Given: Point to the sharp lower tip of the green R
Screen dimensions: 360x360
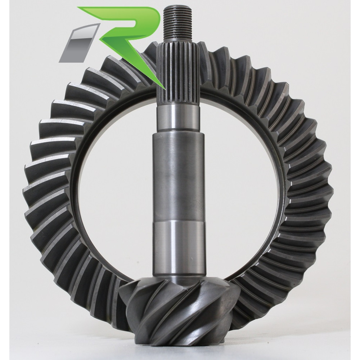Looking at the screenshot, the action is [165, 89].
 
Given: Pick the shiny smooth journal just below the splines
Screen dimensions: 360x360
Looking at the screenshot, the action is [178, 120].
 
